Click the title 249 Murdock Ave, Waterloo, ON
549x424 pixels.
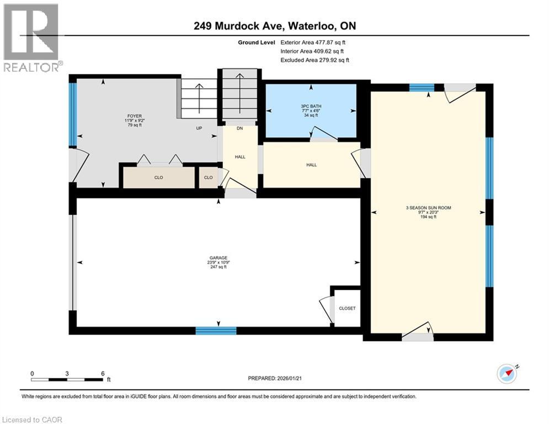pyautogui.click(x=274, y=26)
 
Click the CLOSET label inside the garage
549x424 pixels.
pyautogui.click(x=347, y=308)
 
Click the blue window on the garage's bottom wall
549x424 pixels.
pyautogui.click(x=216, y=331)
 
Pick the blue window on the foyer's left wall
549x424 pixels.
pyautogui.click(x=72, y=114)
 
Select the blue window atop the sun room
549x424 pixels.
pyautogui.click(x=421, y=87)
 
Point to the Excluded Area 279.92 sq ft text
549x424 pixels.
pyautogui.click(x=315, y=60)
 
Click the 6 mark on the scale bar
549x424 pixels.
pyautogui.click(x=103, y=373)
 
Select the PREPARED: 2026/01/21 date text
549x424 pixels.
pyautogui.click(x=274, y=378)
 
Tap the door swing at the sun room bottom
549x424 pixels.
pyautogui.click(x=418, y=332)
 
